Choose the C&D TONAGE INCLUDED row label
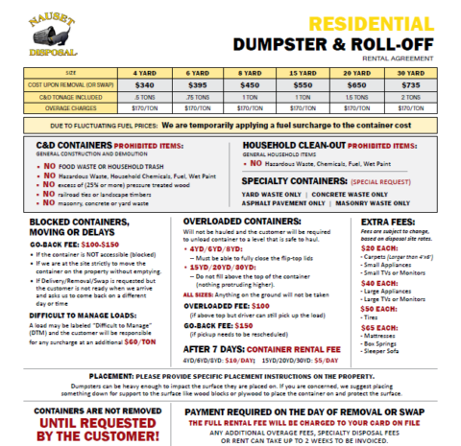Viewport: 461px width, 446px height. [x=61, y=96]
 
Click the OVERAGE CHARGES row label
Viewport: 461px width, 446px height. [x=61, y=107]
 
